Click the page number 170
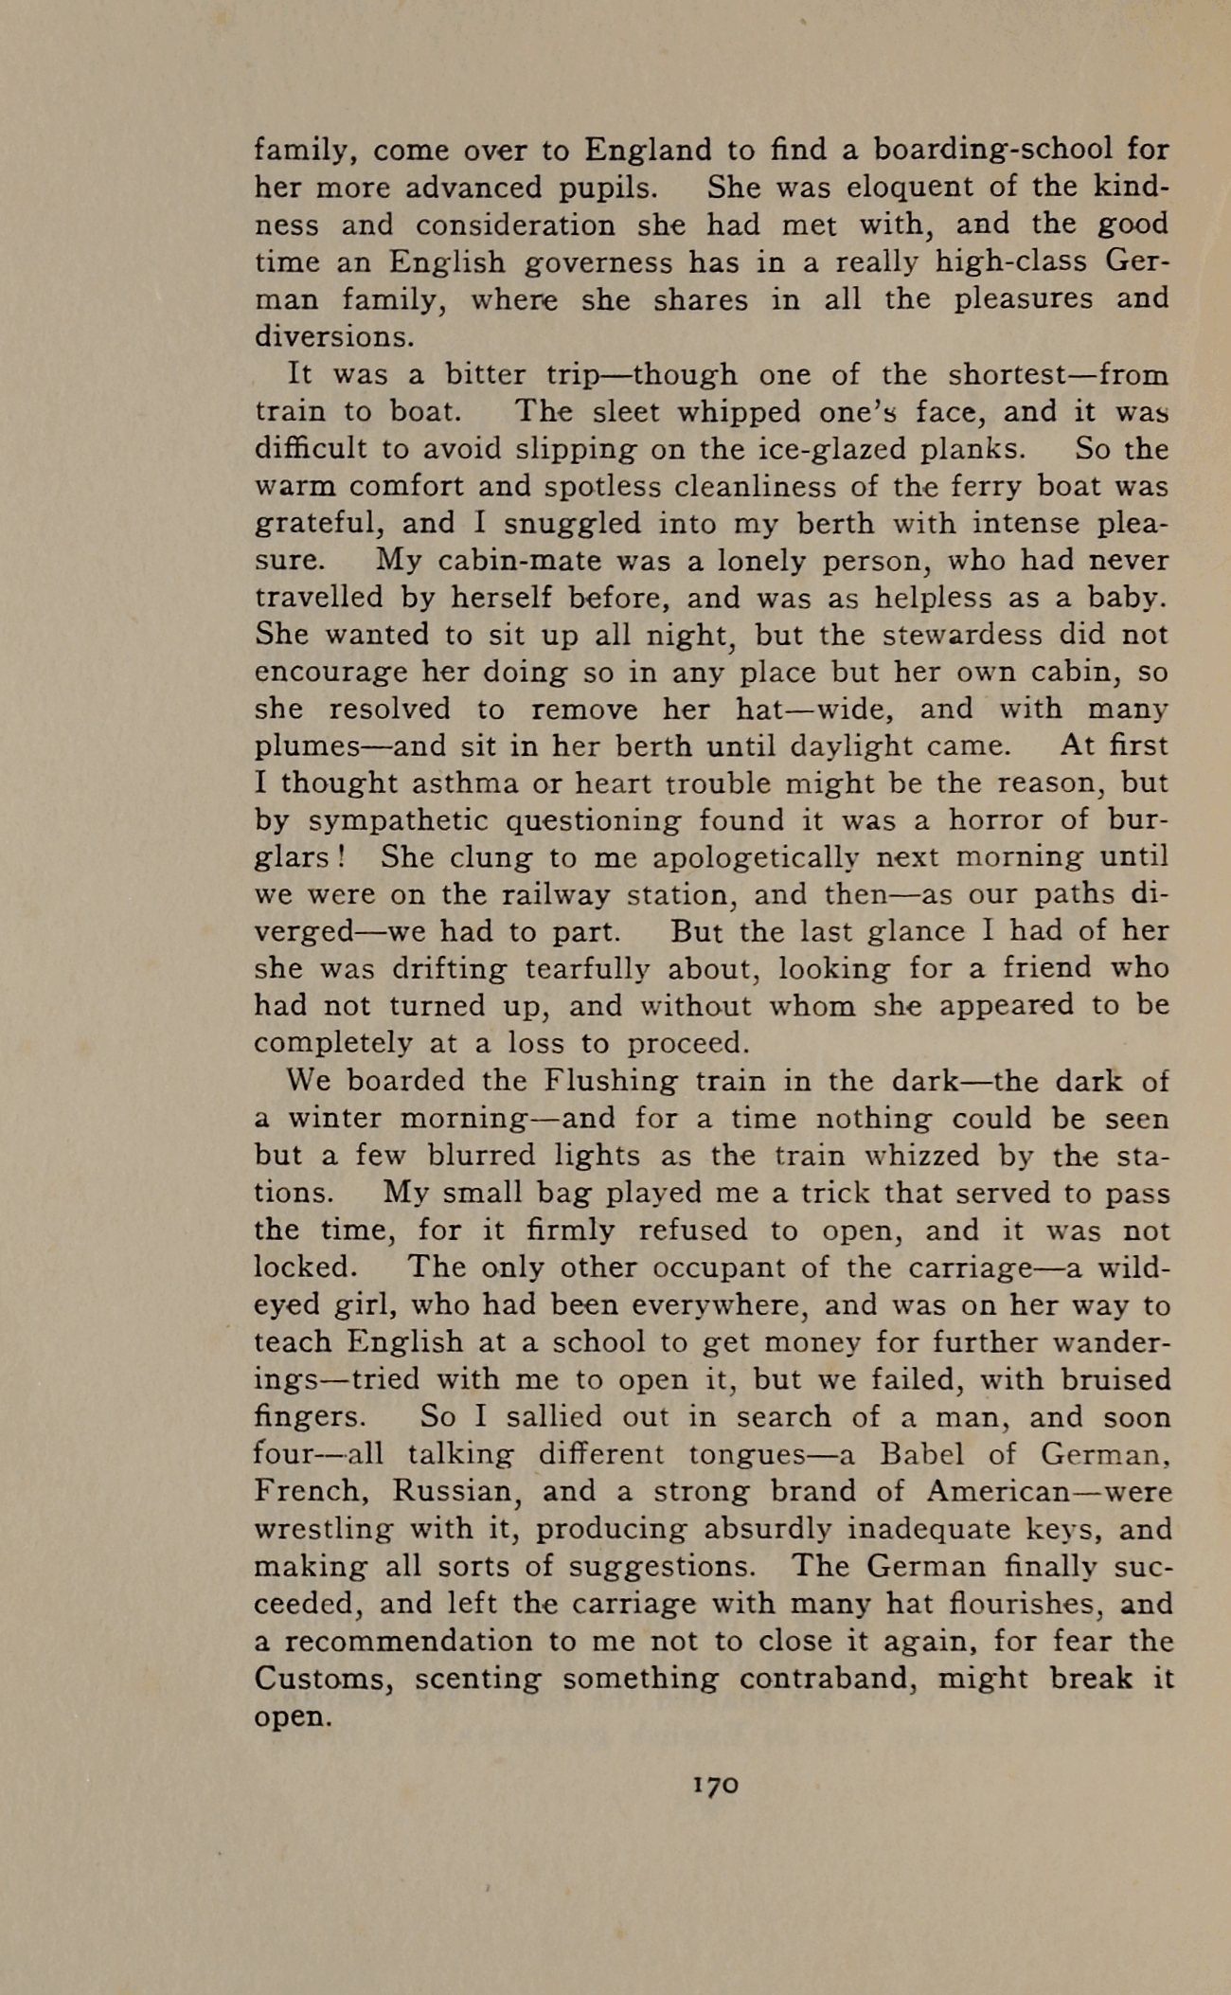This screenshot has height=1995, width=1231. pyautogui.click(x=714, y=1784)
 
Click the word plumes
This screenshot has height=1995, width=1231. pyautogui.click(x=304, y=746)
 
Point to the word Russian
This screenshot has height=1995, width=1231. pyautogui.click(x=455, y=1491)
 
